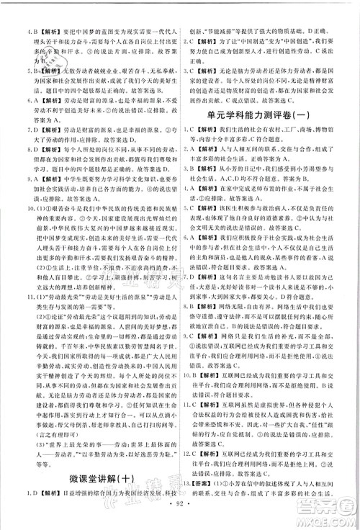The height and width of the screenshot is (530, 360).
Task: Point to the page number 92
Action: [x=180, y=518]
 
